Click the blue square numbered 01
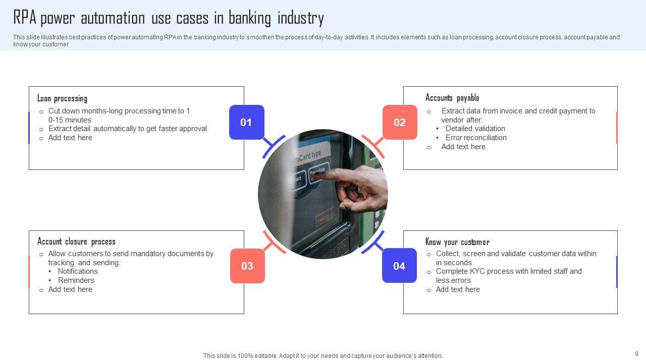(246, 122)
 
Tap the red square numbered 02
(400, 122)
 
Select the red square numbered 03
(247, 266)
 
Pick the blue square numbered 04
(399, 266)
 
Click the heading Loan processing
(62, 98)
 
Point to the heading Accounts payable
(452, 98)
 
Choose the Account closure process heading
(76, 241)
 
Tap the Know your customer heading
(457, 241)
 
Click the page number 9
(636, 354)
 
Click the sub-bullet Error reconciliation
(476, 138)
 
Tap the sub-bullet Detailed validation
(475, 129)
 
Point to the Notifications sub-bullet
(78, 271)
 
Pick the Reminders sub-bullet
(76, 280)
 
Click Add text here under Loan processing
(70, 138)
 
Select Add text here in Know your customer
(458, 289)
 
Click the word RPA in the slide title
(25, 18)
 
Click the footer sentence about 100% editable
(323, 356)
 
